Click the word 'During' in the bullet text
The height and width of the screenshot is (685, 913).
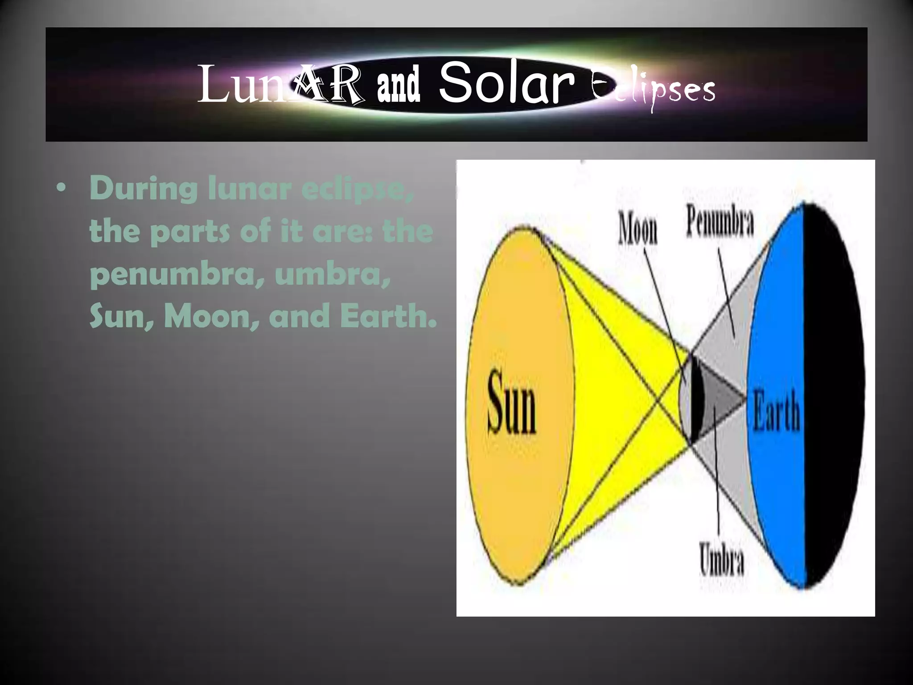tap(144, 188)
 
